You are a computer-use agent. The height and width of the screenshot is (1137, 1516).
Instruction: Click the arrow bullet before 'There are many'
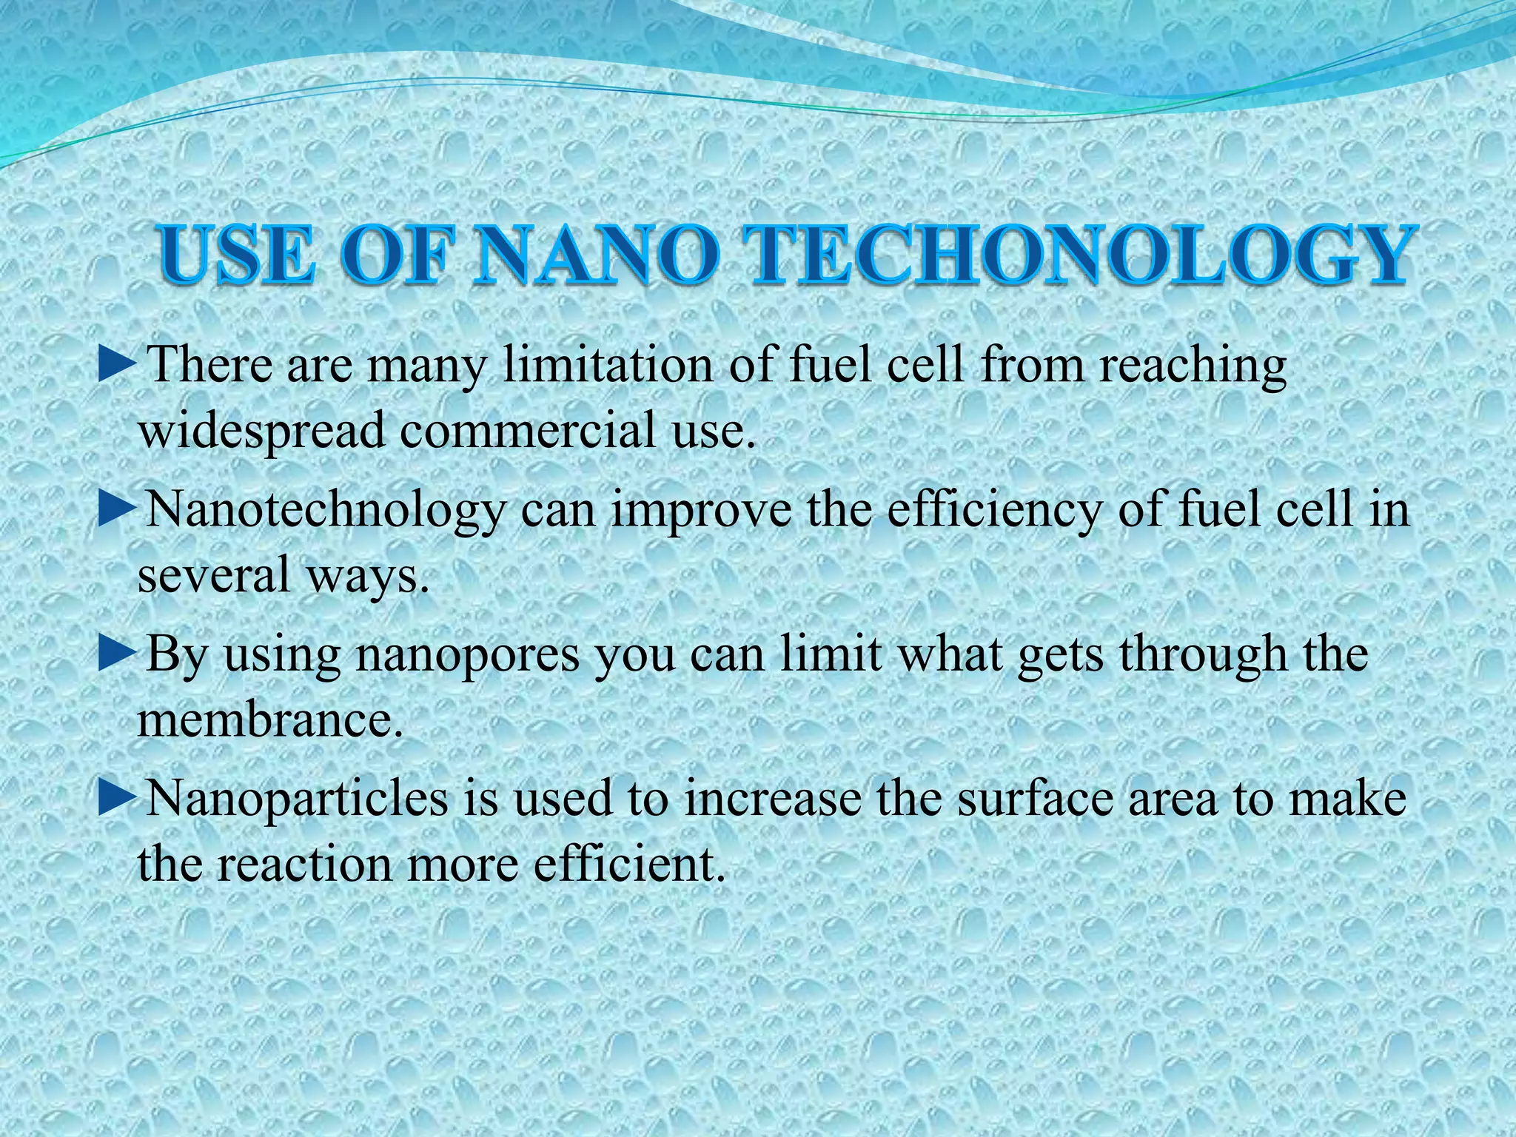click(x=117, y=366)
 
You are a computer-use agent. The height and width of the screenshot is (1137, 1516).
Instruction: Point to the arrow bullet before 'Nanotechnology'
click(x=117, y=510)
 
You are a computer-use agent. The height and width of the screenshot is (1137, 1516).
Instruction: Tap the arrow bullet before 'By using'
click(x=117, y=654)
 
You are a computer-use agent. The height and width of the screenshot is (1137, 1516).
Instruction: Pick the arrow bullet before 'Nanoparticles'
click(x=117, y=798)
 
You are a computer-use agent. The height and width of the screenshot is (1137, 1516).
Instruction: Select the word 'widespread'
click(x=261, y=431)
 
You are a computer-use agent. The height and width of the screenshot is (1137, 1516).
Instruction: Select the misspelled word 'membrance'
click(x=270, y=719)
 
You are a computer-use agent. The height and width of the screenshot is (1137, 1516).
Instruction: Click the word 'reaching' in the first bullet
click(x=1193, y=366)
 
